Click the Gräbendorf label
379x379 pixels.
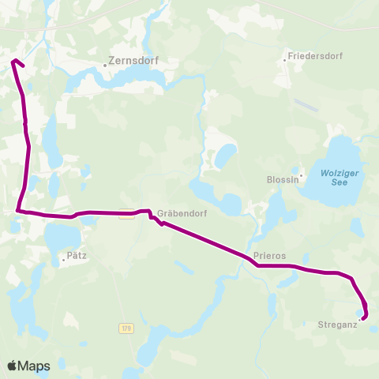pyautogui.click(x=176, y=212)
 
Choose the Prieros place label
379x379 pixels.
pyautogui.click(x=270, y=256)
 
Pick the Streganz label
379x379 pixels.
pyautogui.click(x=338, y=325)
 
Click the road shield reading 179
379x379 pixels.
pyautogui.click(x=127, y=327)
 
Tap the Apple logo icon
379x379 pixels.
pyautogui.click(x=13, y=366)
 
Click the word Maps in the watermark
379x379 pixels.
pyautogui.click(x=35, y=366)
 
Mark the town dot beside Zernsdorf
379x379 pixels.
pyautogui.click(x=104, y=65)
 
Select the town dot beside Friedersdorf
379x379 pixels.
pyautogui.click(x=284, y=59)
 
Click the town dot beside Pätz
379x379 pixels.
pyautogui.click(x=63, y=258)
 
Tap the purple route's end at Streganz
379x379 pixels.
pyautogui.click(x=363, y=318)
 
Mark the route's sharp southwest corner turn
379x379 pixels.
pyautogui.click(x=17, y=210)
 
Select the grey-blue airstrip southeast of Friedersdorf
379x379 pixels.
pyautogui.click(x=306, y=106)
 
